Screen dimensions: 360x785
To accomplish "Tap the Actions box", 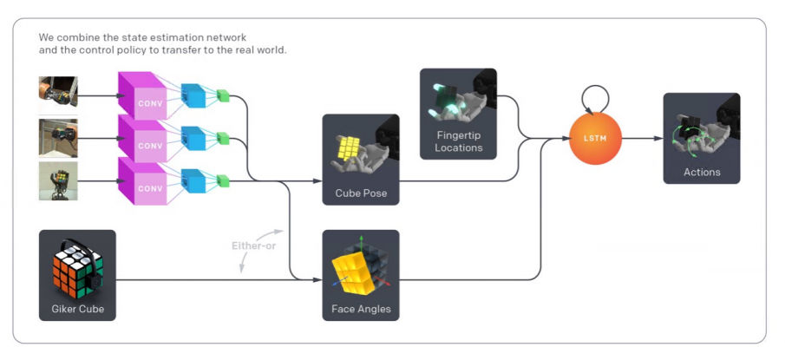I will coord(702,138).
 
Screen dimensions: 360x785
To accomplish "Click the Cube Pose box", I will coord(360,160).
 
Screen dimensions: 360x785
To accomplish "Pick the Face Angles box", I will coord(360,275).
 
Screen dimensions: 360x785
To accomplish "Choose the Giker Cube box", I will coord(77,275).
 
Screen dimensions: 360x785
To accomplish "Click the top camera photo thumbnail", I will coord(58,91).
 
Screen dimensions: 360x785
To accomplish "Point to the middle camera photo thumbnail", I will coord(58,137).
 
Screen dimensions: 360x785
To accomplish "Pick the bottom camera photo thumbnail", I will coord(58,180).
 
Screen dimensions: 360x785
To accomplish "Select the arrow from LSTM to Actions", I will coord(642,137).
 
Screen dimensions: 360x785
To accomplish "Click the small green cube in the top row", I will coord(223,95).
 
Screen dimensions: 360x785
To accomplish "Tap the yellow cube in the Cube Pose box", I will coord(350,149).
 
